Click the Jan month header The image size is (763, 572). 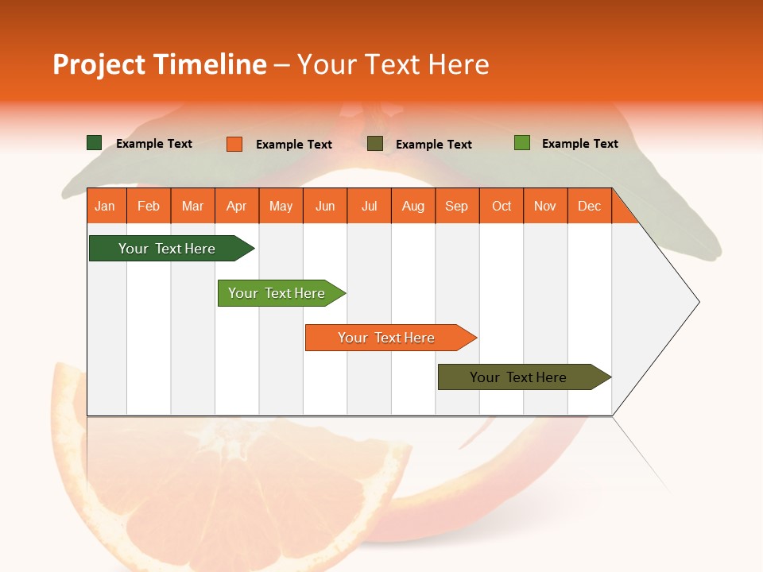click(105, 207)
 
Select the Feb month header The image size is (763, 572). click(149, 207)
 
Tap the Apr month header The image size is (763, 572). click(236, 207)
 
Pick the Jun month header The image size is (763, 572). click(325, 207)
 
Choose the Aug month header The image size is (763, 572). click(412, 207)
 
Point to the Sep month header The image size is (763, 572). click(456, 207)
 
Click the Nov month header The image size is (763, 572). click(545, 207)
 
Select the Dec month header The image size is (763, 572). click(589, 207)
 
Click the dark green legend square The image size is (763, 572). click(94, 143)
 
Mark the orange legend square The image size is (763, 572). click(234, 144)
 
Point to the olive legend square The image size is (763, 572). click(375, 144)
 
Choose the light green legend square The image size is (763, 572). click(521, 143)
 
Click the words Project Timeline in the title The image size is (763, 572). click(159, 64)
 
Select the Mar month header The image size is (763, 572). click(192, 207)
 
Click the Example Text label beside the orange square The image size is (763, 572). click(293, 145)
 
